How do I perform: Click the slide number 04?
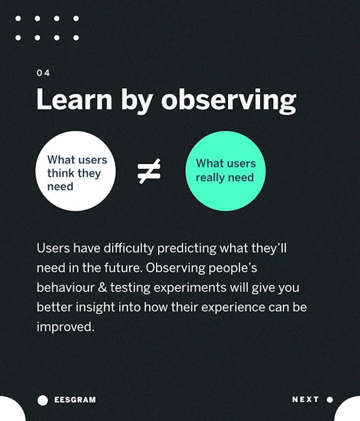click(x=43, y=73)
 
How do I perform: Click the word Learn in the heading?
click(x=74, y=99)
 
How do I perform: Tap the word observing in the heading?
click(x=229, y=101)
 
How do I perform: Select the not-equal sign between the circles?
click(x=149, y=171)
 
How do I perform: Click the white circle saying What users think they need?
click(x=76, y=171)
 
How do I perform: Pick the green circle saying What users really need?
click(x=225, y=171)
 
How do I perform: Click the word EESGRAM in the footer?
click(x=75, y=400)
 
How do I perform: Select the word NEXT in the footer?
click(x=306, y=400)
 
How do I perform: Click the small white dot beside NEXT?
click(x=330, y=400)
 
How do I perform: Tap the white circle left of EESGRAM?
click(x=43, y=400)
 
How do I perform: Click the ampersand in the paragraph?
click(x=102, y=288)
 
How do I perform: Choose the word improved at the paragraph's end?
click(x=65, y=327)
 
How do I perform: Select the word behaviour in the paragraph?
click(x=65, y=288)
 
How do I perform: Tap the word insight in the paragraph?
click(x=95, y=308)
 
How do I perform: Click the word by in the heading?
click(x=137, y=101)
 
